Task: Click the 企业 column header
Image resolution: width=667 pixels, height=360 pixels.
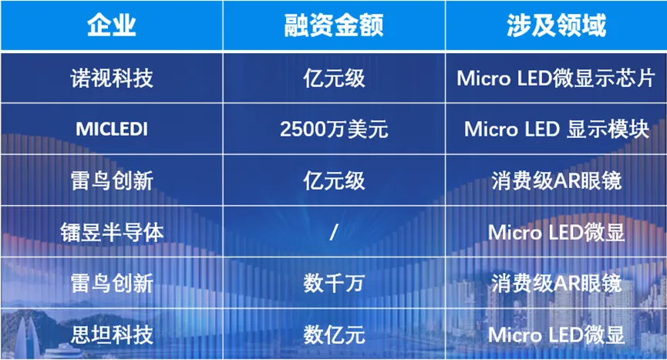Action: (x=112, y=25)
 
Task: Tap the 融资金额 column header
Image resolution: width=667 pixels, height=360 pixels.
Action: (x=334, y=25)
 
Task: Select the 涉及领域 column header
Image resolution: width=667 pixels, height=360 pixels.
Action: (x=557, y=25)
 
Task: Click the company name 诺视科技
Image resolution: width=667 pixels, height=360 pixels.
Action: (x=112, y=78)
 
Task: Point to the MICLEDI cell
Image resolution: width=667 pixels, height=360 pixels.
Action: (x=112, y=130)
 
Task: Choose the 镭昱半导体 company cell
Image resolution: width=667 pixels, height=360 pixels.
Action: (x=112, y=233)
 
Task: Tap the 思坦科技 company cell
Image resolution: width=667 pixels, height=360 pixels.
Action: (x=112, y=335)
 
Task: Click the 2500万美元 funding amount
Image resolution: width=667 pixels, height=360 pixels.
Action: (x=334, y=130)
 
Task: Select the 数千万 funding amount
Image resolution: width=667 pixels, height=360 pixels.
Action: (x=334, y=284)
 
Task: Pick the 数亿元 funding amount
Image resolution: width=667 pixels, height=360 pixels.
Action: (x=334, y=335)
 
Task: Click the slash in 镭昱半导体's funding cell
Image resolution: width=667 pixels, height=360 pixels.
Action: (x=334, y=233)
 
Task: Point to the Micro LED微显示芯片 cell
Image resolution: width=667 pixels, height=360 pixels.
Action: (x=556, y=78)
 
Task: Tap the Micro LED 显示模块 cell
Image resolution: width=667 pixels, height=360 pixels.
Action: (x=557, y=130)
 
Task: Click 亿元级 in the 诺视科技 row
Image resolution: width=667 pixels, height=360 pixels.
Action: (x=334, y=78)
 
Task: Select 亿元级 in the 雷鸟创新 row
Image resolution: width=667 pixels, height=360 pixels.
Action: (x=334, y=181)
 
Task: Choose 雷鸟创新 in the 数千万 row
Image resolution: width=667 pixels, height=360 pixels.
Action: (x=112, y=284)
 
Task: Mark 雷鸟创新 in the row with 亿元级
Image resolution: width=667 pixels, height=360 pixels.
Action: (x=112, y=181)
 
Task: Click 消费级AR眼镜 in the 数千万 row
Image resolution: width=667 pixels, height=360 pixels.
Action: (x=557, y=284)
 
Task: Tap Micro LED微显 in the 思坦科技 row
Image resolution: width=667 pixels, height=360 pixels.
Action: (x=557, y=335)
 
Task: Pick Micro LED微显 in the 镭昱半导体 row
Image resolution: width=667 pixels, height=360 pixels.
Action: (x=557, y=233)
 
